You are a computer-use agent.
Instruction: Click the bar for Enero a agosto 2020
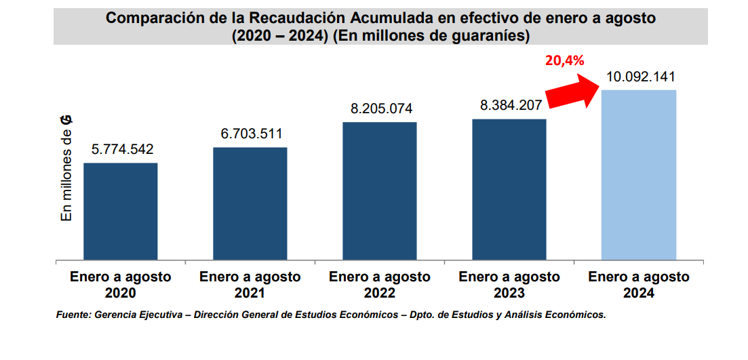coord(121,211)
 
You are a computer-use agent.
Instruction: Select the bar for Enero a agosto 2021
coord(250,203)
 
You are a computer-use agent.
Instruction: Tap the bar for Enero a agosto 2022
coord(380,191)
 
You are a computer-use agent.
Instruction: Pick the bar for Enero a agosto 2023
coord(509,189)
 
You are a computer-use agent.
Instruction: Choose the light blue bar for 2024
coord(639,174)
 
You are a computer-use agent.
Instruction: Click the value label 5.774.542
coord(120,149)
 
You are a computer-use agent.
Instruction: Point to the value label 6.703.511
coord(251,134)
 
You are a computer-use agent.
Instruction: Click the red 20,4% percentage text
coord(564,60)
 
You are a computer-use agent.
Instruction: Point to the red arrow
coord(570,92)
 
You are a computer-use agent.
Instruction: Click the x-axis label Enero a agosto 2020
coord(121,285)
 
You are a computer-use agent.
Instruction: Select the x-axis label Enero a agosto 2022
coord(380,285)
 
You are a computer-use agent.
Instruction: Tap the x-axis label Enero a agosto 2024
coord(639,285)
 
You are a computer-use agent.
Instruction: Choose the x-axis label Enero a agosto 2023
coord(509,285)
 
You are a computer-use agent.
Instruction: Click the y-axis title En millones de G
coord(66,168)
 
